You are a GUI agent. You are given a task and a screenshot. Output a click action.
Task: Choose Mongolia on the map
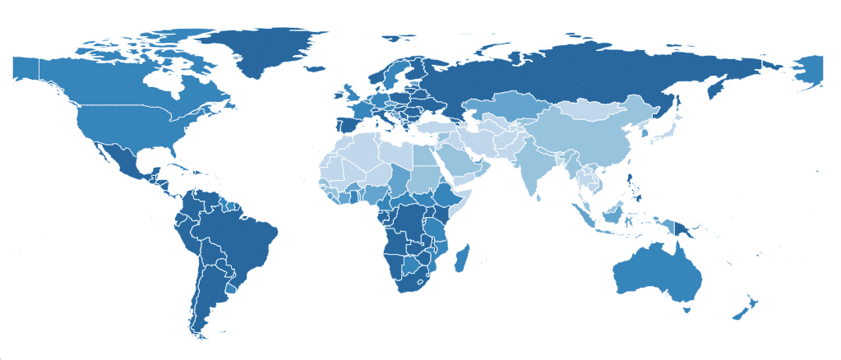[592, 110]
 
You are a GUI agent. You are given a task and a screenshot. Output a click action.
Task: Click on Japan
[665, 132]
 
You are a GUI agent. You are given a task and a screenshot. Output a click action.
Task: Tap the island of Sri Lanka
[543, 197]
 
